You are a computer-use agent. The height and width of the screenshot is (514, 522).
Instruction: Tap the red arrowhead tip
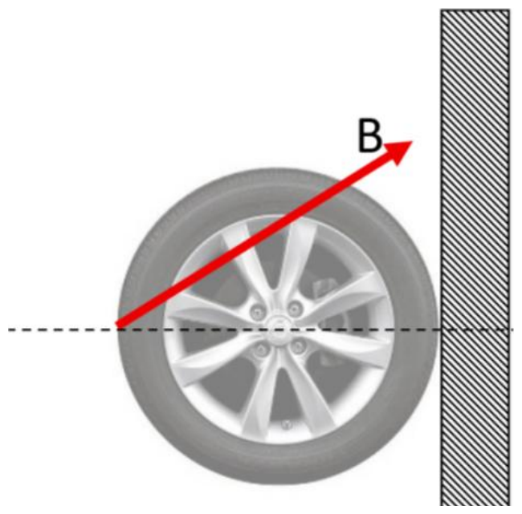(413, 141)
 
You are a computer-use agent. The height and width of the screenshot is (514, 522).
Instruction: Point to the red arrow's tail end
(117, 325)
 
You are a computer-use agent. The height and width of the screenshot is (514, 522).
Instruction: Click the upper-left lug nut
(257, 312)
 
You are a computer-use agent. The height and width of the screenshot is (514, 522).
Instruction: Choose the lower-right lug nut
(298, 346)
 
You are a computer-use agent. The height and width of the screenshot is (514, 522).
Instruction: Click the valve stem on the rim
(286, 424)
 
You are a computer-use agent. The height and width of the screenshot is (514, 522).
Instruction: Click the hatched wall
(475, 257)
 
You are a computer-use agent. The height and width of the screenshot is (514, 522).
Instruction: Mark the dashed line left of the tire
(63, 330)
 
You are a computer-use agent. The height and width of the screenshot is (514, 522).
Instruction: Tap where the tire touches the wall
(438, 330)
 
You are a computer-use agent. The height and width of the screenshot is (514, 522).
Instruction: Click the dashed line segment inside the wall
(475, 330)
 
